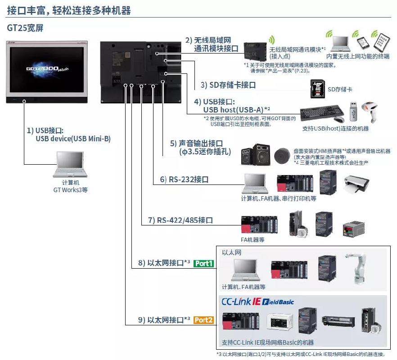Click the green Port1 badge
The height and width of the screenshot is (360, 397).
pyautogui.click(x=204, y=263)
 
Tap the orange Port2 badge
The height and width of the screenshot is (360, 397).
pyautogui.click(x=204, y=320)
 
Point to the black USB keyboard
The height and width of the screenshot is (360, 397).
pyautogui.click(x=322, y=112)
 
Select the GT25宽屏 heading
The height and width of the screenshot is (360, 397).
pyautogui.click(x=25, y=27)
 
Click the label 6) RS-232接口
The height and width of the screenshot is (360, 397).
pyautogui.click(x=185, y=180)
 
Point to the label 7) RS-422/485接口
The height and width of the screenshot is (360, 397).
pyautogui.click(x=180, y=220)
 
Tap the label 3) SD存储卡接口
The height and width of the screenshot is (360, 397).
pyautogui.click(x=228, y=85)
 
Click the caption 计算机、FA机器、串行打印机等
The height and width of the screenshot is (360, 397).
pyautogui.click(x=279, y=198)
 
